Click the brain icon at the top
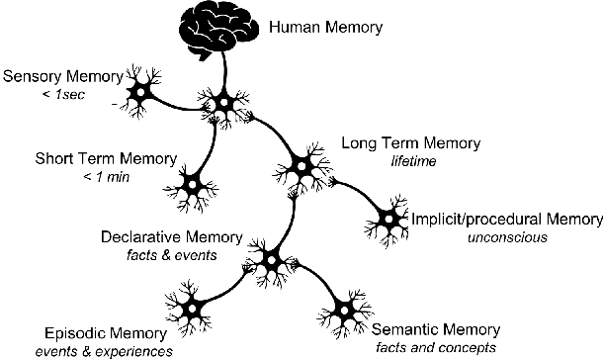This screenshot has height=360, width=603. tap(222, 29)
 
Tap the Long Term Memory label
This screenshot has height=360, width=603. tap(410, 143)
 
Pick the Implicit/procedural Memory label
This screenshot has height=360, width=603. tap(507, 219)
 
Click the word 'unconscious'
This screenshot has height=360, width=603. tap(506, 237)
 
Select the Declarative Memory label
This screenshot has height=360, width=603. tap(173, 236)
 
